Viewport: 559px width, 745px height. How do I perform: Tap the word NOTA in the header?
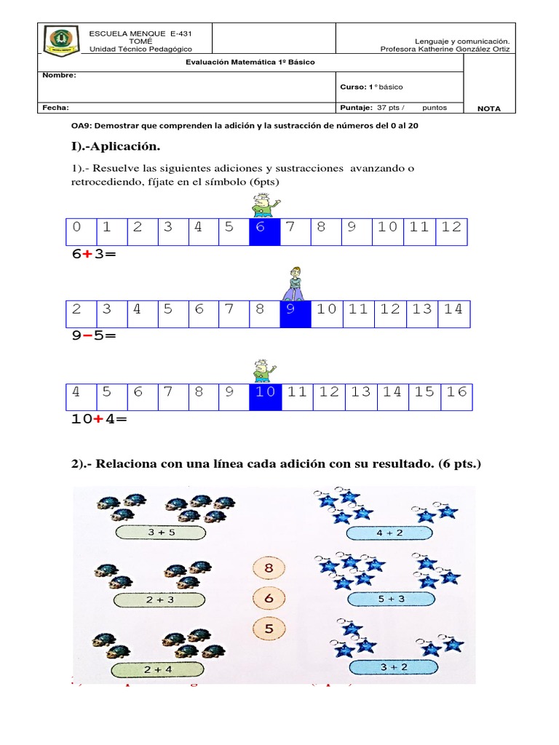(488, 108)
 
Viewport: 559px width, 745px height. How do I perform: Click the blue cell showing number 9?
(296, 310)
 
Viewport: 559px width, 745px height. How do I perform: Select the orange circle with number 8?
(269, 567)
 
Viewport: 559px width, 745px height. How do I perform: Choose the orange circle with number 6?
(269, 597)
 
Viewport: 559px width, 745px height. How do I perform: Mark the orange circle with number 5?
(269, 628)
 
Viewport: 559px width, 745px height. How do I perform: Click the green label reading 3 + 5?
(160, 533)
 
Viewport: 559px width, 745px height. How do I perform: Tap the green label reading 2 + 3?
(159, 599)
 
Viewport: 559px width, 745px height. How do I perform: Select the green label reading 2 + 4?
(158, 668)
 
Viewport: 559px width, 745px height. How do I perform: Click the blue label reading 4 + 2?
(393, 533)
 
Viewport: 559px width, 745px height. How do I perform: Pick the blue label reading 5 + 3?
(393, 599)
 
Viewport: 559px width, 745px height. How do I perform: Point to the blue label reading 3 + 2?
(394, 667)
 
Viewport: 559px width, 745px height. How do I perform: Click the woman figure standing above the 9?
(296, 284)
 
